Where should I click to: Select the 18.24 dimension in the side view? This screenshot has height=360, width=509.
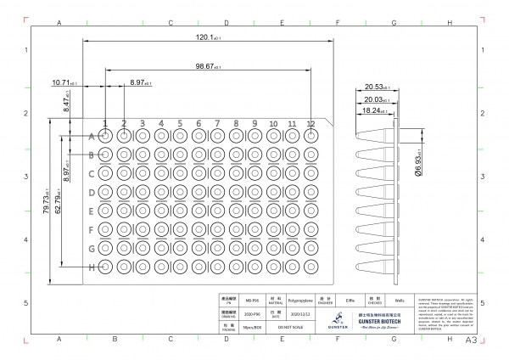[371, 110]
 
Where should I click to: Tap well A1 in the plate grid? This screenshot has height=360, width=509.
[105, 135]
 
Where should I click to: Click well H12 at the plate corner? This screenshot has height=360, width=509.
[311, 267]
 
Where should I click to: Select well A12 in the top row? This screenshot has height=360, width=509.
[311, 135]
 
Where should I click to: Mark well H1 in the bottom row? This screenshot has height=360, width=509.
[105, 267]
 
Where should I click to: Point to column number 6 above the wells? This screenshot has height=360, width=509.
[199, 124]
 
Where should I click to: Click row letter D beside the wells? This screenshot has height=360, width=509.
[92, 192]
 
